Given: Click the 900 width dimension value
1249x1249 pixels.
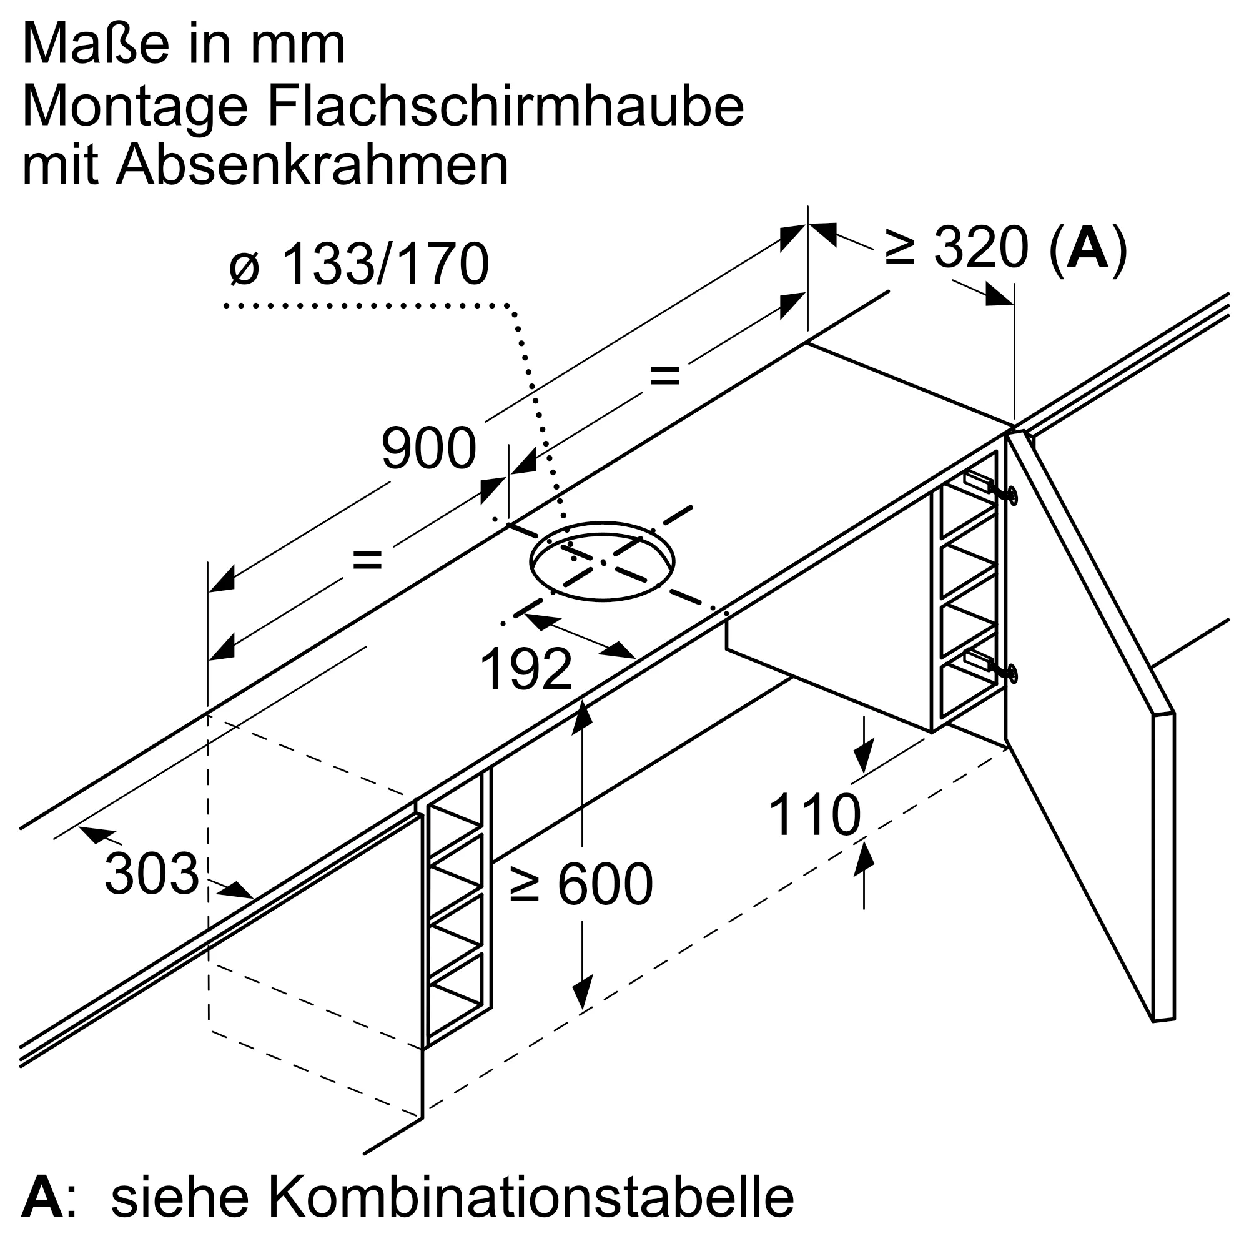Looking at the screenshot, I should [x=428, y=448].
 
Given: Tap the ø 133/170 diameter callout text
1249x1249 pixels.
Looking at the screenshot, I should [x=360, y=264].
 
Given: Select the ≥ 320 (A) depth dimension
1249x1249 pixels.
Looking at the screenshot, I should [x=1006, y=247].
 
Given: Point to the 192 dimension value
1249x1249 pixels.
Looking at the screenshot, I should [x=526, y=669].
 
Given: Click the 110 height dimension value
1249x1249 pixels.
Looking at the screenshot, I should [x=814, y=816].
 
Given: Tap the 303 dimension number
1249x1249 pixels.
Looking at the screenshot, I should [x=151, y=874].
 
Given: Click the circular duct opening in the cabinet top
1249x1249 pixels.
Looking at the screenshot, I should [x=602, y=561].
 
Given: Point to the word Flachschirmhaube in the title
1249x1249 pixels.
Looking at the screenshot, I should [x=506, y=107].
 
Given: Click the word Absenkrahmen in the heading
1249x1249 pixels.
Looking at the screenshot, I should [x=312, y=165].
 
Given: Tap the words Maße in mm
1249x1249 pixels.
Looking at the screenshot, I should [x=184, y=45].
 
